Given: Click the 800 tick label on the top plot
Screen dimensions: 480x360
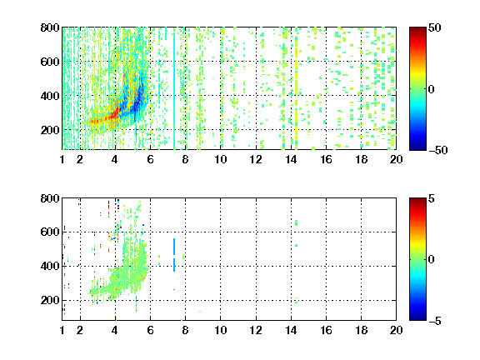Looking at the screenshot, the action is coord(50,27).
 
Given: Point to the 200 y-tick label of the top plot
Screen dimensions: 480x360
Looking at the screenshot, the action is coord(50,130).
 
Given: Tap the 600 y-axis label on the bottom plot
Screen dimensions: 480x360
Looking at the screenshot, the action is coord(50,232).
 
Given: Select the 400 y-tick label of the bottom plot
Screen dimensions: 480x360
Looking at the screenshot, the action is coord(50,266).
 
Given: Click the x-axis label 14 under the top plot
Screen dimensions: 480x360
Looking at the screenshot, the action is coord(291,159).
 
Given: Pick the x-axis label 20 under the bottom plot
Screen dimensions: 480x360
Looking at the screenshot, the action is coord(396,330).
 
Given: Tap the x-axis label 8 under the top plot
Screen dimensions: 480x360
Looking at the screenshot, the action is coord(185,159).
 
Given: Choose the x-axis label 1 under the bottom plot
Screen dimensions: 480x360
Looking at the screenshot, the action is coord(62,330).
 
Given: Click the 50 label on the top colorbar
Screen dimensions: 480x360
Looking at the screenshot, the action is coord(435,27).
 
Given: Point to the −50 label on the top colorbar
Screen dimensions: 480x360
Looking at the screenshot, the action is coord(437,150).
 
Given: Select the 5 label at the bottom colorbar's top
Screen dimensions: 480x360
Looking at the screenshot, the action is coord(432,198).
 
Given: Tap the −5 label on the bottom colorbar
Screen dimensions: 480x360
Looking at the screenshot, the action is coord(435,321).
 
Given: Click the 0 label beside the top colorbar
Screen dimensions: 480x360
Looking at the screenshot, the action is coord(432,89).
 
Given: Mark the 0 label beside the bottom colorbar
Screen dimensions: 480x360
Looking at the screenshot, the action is coord(432,260).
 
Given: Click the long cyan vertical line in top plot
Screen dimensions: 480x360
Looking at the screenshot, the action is coord(174,90).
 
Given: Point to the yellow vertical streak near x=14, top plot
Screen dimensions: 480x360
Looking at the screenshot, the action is coord(297,92).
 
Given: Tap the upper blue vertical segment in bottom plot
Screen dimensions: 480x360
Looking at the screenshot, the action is coord(174,247).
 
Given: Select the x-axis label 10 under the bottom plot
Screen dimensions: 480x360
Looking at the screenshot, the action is coord(220,330).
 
